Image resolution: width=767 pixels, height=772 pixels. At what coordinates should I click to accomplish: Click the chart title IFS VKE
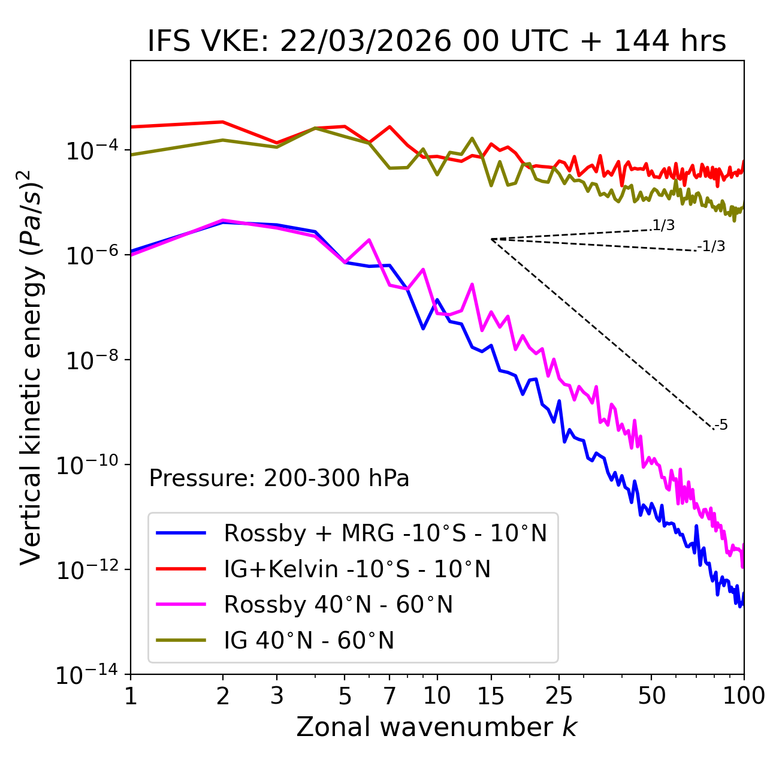[436, 42]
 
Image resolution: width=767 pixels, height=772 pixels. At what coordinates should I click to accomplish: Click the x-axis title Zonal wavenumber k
[436, 726]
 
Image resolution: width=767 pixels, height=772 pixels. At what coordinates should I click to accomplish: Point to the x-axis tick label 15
[491, 696]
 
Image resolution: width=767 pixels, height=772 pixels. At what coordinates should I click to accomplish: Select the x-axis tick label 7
[389, 696]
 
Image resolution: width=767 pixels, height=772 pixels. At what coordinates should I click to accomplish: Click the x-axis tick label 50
[652, 696]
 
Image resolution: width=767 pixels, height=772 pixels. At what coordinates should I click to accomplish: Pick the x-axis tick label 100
[744, 696]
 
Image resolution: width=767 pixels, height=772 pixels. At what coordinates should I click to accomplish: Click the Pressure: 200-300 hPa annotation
[279, 478]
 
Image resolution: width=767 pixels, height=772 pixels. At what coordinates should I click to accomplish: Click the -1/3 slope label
[711, 246]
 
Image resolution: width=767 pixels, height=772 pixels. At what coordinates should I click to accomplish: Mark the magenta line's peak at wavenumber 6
[369, 240]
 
